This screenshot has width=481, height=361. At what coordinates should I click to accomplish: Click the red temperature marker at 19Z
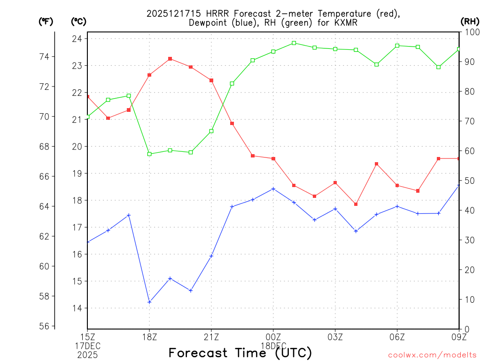(170, 59)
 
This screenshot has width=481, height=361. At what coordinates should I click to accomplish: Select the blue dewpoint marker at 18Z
(149, 302)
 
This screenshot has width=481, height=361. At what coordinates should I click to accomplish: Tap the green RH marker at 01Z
(294, 43)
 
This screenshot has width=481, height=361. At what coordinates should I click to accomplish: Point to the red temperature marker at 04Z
(356, 204)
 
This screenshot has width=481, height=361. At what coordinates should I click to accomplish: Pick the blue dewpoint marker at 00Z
(273, 189)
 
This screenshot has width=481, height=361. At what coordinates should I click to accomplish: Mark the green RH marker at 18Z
(149, 154)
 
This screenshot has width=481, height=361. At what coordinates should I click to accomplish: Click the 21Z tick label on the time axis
(211, 337)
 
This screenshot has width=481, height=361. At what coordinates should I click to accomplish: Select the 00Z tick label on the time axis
(273, 337)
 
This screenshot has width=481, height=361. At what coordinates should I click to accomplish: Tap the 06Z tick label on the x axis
(397, 337)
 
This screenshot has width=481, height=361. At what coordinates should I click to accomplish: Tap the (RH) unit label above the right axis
(470, 21)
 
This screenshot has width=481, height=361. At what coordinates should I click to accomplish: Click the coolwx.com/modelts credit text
(432, 355)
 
